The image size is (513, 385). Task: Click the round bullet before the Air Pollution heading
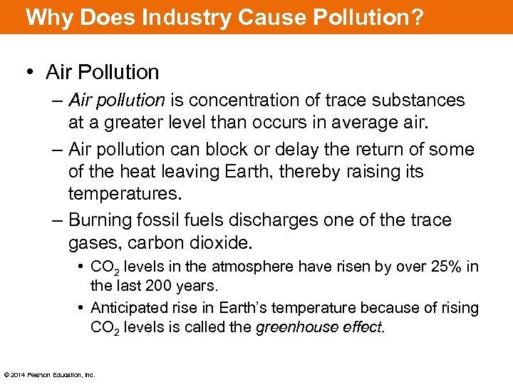[31, 73]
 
